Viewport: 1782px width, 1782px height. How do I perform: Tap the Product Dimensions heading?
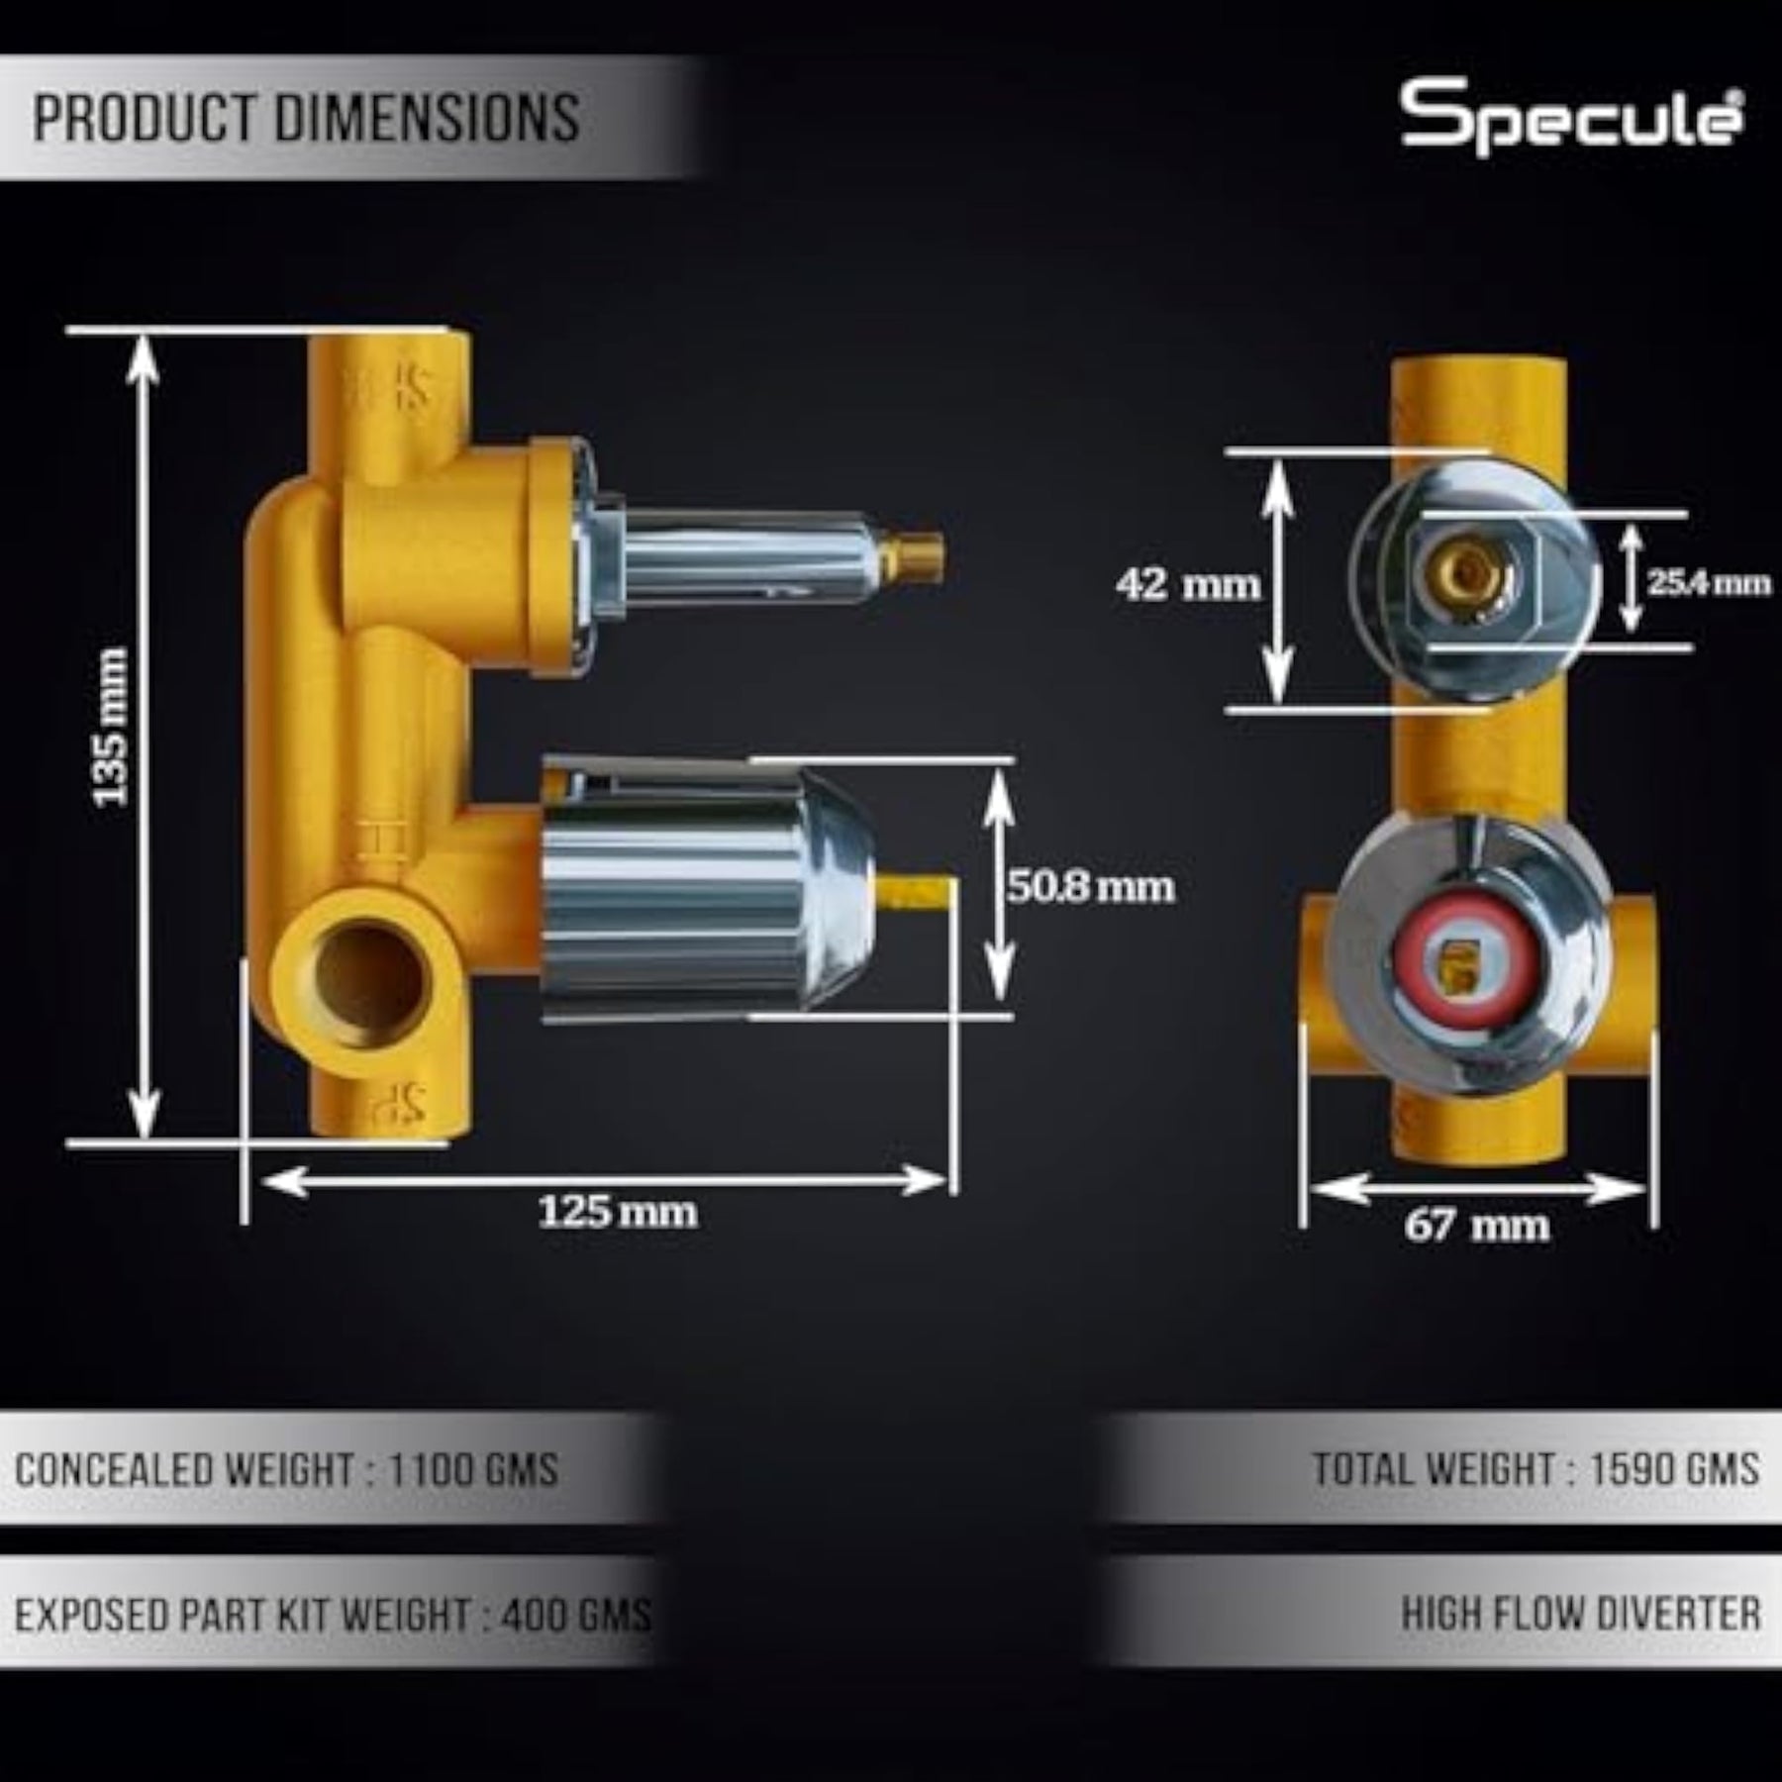pos(307,119)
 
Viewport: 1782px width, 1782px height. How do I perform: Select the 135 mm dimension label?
pos(110,727)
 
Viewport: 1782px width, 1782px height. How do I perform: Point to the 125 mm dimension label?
pos(617,1211)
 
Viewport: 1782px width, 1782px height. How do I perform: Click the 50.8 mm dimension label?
pos(1091,886)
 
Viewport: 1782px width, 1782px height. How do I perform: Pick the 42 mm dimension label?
pos(1188,584)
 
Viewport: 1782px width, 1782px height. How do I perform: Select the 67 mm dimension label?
pos(1477,1226)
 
